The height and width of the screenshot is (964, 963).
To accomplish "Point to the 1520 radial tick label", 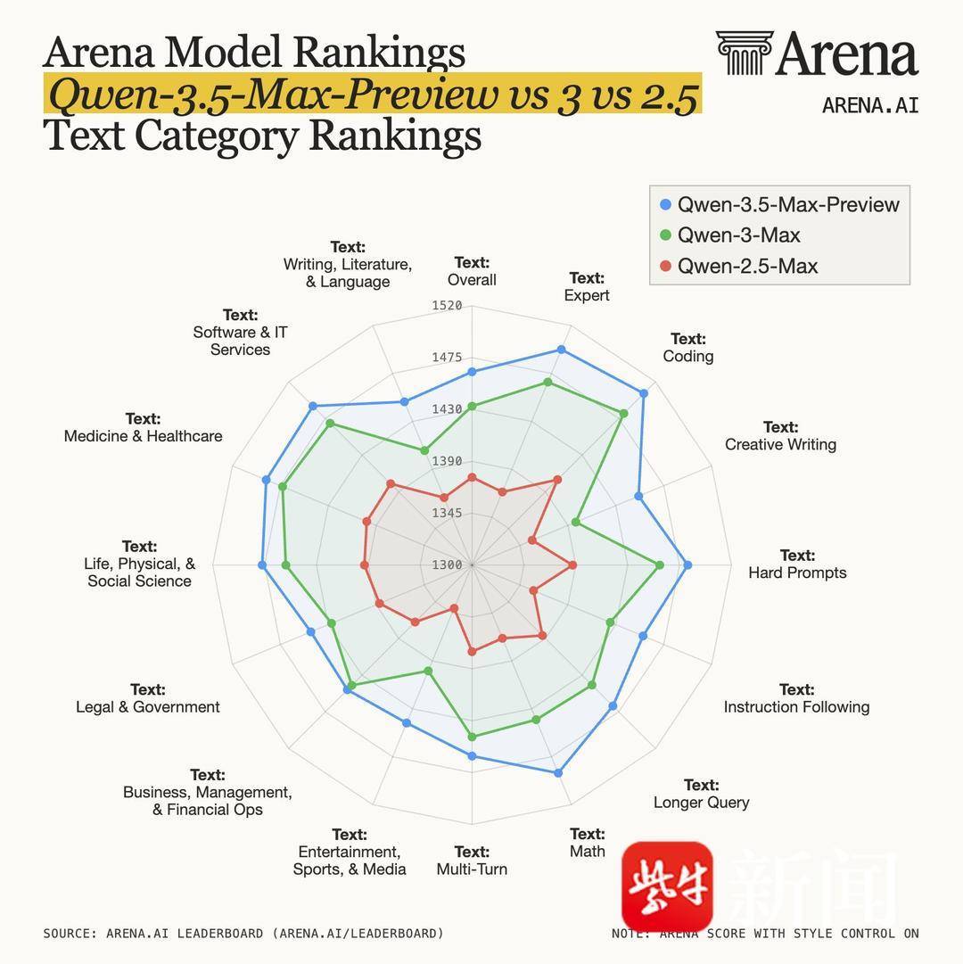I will click(x=447, y=306).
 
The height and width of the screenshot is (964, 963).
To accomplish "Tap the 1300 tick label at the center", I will click(x=447, y=564).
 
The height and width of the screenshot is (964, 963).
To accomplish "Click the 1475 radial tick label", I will click(x=447, y=358).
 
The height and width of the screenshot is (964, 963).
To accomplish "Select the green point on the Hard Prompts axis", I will click(x=660, y=564).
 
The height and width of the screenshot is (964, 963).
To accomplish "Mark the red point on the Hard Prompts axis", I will click(x=572, y=564).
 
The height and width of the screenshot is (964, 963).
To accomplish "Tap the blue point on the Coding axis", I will click(x=644, y=393).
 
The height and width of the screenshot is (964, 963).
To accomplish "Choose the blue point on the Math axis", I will click(x=558, y=773).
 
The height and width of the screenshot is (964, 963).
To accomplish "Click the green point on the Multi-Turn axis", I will click(x=472, y=737).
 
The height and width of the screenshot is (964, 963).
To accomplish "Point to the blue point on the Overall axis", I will click(x=472, y=371).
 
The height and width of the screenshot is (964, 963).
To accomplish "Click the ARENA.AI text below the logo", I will click(x=869, y=104).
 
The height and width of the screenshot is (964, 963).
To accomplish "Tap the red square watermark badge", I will click(x=667, y=886).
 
